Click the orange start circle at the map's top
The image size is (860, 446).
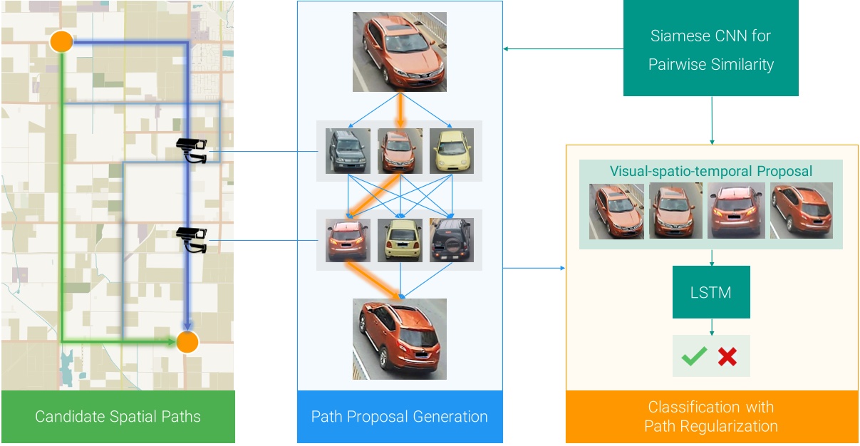[62, 42]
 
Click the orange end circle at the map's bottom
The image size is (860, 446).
[187, 342]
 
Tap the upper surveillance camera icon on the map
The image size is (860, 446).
[192, 150]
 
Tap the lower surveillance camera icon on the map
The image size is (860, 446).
[192, 239]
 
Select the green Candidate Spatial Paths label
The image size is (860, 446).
[118, 417]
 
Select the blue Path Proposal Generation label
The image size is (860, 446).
[399, 417]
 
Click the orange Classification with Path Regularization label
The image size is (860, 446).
[711, 417]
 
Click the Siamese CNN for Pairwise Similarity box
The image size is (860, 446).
[710, 50]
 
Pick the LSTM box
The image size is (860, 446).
[711, 292]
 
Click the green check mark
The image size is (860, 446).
[694, 356]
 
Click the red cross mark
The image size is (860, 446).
[727, 356]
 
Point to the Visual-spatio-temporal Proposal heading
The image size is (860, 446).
[710, 172]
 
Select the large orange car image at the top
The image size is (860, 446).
[399, 52]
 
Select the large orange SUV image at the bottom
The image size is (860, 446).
[399, 338]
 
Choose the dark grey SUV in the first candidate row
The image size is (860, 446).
[348, 151]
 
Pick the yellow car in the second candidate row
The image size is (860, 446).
[399, 240]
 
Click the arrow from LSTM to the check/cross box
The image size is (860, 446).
[711, 326]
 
